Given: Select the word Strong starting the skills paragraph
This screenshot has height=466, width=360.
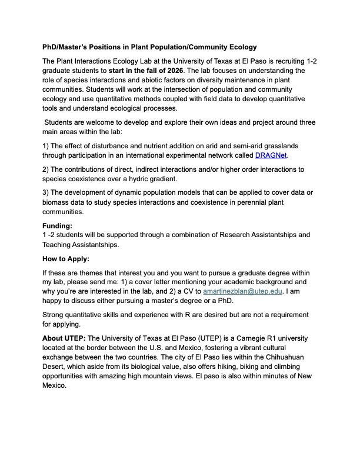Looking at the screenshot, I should [x=55, y=315].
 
